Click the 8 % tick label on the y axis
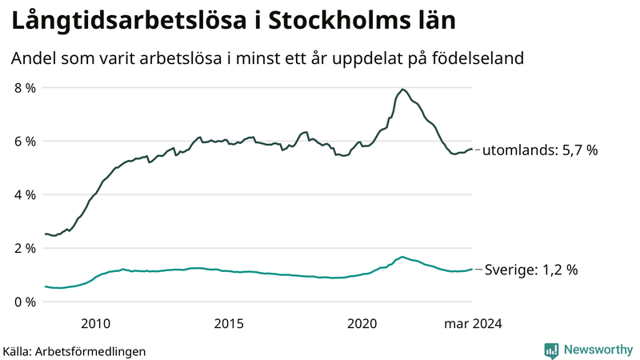[25, 88]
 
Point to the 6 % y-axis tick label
[25, 142]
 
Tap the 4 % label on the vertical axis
[25, 195]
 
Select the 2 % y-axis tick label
[25, 249]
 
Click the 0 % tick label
[25, 302]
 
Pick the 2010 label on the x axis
[96, 323]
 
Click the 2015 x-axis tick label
[229, 323]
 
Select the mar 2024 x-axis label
[474, 323]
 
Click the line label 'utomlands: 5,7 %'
[540, 150]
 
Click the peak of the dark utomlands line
[402, 89]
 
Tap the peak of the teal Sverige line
[402, 257]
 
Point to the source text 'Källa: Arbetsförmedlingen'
[74, 351]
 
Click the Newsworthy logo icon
[552, 350]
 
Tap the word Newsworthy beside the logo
[598, 350]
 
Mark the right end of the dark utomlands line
[473, 149]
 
